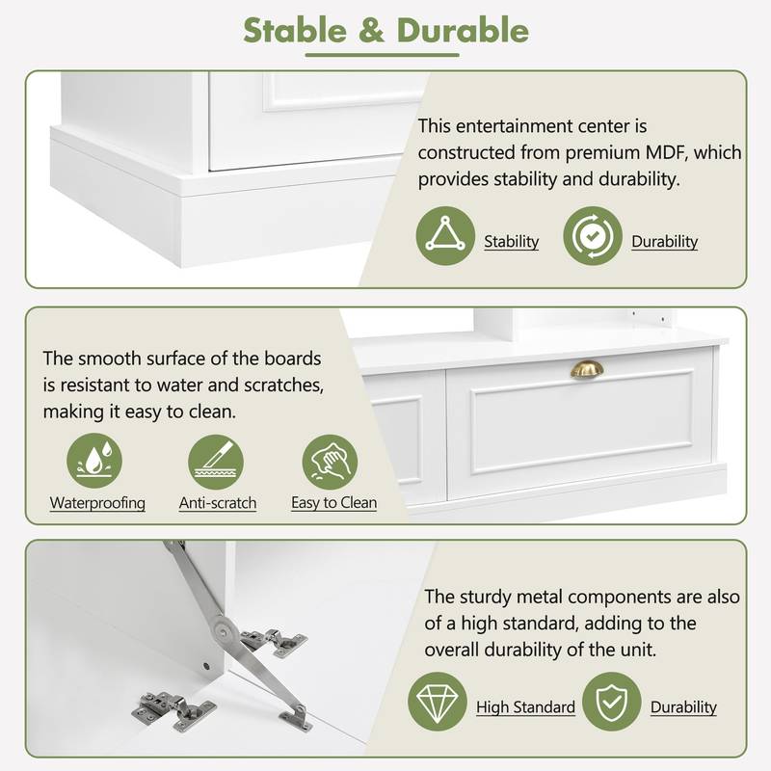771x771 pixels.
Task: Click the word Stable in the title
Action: pos(295,31)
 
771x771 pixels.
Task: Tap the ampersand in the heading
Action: pos(371,31)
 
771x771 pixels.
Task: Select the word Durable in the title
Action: pos(463,31)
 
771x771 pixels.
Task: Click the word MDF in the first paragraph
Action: pos(665,152)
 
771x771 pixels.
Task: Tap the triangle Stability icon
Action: pos(445,236)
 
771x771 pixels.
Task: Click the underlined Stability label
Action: pos(512,242)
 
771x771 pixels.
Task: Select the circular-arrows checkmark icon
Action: pos(593,236)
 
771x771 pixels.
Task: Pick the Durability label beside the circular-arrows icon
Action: pos(664,242)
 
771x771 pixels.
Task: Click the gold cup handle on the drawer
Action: pos(587,369)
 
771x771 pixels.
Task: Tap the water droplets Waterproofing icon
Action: pos(94,461)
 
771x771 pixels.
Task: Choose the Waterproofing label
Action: pos(97,503)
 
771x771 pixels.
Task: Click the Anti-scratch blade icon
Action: pos(216,463)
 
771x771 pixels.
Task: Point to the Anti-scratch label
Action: pos(218,503)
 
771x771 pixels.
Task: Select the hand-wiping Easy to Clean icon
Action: pos(330,463)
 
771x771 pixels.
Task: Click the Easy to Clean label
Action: pos(333,502)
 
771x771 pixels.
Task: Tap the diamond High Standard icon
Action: pos(438,702)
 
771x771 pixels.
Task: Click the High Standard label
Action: pos(525,707)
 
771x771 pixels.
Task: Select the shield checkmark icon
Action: pos(612,702)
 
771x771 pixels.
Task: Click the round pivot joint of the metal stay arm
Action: pos(223,629)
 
